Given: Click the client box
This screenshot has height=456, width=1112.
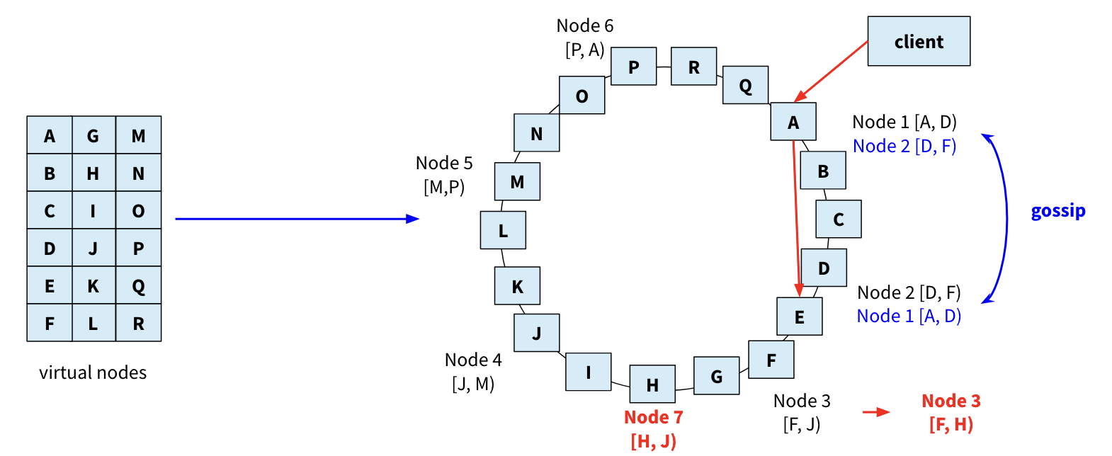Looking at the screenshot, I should click(x=919, y=42).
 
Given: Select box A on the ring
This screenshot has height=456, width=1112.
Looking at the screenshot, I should click(x=793, y=122).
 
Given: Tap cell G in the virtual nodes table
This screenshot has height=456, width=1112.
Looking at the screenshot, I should click(x=93, y=135).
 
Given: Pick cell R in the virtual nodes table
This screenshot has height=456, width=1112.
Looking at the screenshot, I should click(x=139, y=324).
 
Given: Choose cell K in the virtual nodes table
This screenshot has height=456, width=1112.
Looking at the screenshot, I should click(x=93, y=286).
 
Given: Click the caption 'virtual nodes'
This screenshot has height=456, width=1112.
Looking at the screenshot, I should click(x=93, y=372).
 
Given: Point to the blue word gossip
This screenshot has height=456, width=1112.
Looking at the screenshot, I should click(x=1058, y=211).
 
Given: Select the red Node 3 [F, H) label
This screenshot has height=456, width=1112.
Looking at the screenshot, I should click(x=951, y=413).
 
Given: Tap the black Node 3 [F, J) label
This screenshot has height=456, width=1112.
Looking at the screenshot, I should click(x=802, y=413).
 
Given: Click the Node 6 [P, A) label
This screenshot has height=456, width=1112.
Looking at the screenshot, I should click(x=585, y=38).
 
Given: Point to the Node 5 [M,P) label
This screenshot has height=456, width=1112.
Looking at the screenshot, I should click(x=444, y=175).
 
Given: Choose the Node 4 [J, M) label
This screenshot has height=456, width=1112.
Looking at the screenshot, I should click(x=473, y=372).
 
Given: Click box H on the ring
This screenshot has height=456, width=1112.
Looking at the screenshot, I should click(x=652, y=384).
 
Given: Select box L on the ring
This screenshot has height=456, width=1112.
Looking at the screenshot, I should click(x=503, y=230).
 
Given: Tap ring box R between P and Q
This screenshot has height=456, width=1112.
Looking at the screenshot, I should click(x=693, y=67).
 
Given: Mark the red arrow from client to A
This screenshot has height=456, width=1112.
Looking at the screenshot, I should click(x=832, y=71).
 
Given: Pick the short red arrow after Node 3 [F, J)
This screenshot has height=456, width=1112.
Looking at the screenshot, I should click(x=876, y=412).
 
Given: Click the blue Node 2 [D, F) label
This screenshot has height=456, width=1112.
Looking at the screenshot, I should click(x=904, y=147).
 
